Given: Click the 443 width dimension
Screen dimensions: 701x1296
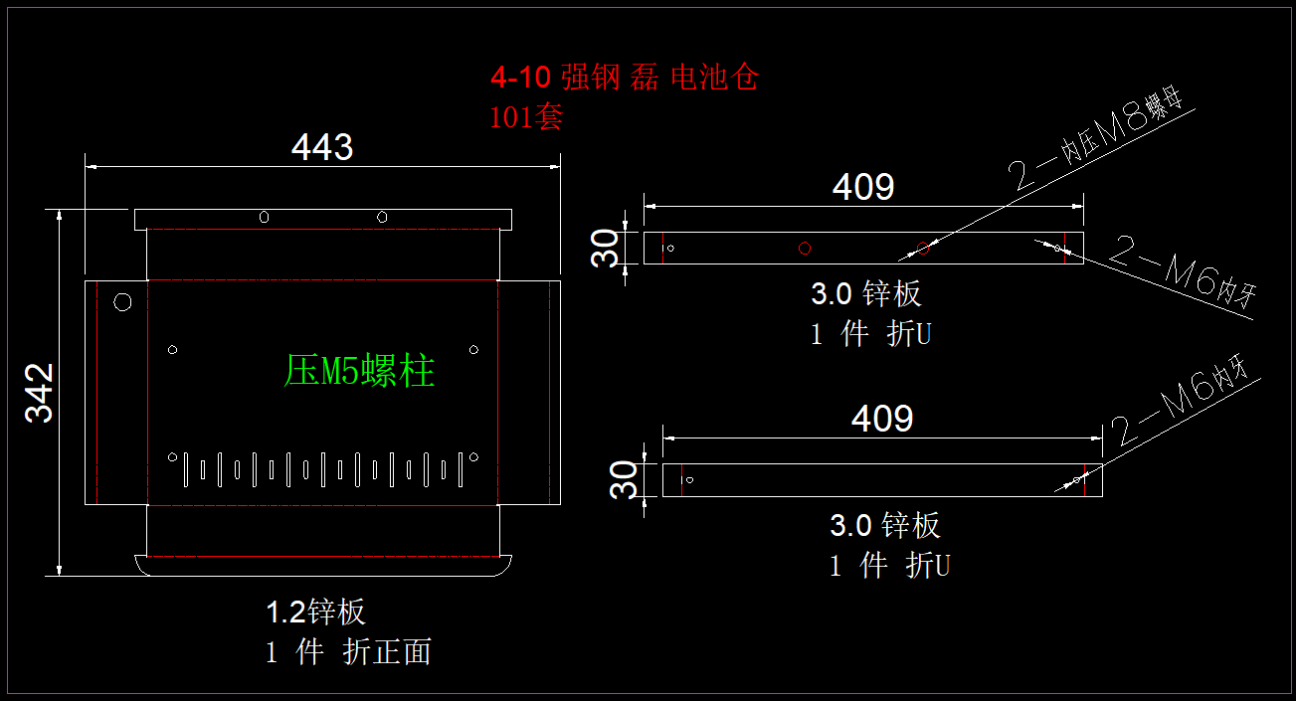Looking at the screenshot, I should tap(321, 148).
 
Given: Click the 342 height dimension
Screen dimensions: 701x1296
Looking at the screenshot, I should tap(40, 393).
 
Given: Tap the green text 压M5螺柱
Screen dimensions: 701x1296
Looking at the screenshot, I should tap(359, 371).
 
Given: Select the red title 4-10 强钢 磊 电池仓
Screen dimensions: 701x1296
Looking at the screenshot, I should tap(625, 77).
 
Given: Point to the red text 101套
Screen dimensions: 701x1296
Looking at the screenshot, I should tap(526, 117).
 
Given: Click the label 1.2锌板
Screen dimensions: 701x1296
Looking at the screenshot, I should tap(315, 612).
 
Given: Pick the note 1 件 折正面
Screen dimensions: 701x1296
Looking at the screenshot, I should tap(348, 652).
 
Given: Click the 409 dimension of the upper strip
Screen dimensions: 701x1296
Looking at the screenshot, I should tap(863, 187).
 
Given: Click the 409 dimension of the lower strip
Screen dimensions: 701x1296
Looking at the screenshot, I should tap(881, 419).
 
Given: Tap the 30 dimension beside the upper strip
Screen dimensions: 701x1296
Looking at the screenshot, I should tap(605, 249).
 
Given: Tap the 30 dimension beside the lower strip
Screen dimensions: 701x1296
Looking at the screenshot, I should tap(623, 480).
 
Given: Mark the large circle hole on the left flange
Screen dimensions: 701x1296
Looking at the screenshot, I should tap(123, 301).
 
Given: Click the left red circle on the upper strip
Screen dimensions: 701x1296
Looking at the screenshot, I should tap(805, 248).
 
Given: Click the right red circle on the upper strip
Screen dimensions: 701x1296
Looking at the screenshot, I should tap(923, 248).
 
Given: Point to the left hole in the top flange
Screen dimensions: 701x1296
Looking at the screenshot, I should tap(264, 217).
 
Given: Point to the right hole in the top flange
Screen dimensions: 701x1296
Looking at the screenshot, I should tap(381, 217).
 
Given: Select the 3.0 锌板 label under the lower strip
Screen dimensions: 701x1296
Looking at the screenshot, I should tap(885, 525).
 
